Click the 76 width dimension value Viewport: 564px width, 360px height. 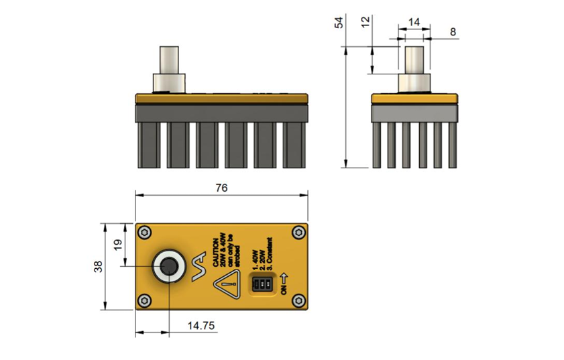coord(221,188)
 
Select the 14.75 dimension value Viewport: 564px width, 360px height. coord(201,326)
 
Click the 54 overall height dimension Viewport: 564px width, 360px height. coord(339,22)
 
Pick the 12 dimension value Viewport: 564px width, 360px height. coord(365,22)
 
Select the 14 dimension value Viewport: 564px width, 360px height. coord(414,22)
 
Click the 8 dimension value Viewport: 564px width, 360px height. coord(453,32)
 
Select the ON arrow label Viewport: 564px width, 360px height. coord(284,284)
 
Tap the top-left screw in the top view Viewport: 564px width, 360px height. coord(144,233)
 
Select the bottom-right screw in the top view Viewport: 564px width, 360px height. coord(299,300)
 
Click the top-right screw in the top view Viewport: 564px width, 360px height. coord(298,233)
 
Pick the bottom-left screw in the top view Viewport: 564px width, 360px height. coord(144,301)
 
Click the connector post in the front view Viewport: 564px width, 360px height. coord(168,60)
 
